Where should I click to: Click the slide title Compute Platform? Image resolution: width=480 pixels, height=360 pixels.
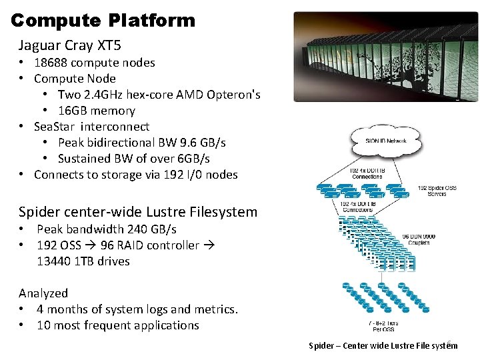click(x=103, y=20)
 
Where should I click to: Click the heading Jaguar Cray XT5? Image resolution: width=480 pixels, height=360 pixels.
click(x=70, y=46)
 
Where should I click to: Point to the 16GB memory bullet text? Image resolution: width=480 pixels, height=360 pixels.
click(x=97, y=111)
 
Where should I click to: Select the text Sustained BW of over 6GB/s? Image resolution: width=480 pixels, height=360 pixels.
click(x=133, y=159)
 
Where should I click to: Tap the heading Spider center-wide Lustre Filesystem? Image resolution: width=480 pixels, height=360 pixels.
click(x=138, y=212)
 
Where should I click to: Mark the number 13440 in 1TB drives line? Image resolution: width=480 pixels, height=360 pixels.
click(x=55, y=261)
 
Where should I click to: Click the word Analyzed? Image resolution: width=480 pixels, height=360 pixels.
click(x=43, y=293)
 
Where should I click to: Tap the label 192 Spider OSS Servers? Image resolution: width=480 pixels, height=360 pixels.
click(x=434, y=191)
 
